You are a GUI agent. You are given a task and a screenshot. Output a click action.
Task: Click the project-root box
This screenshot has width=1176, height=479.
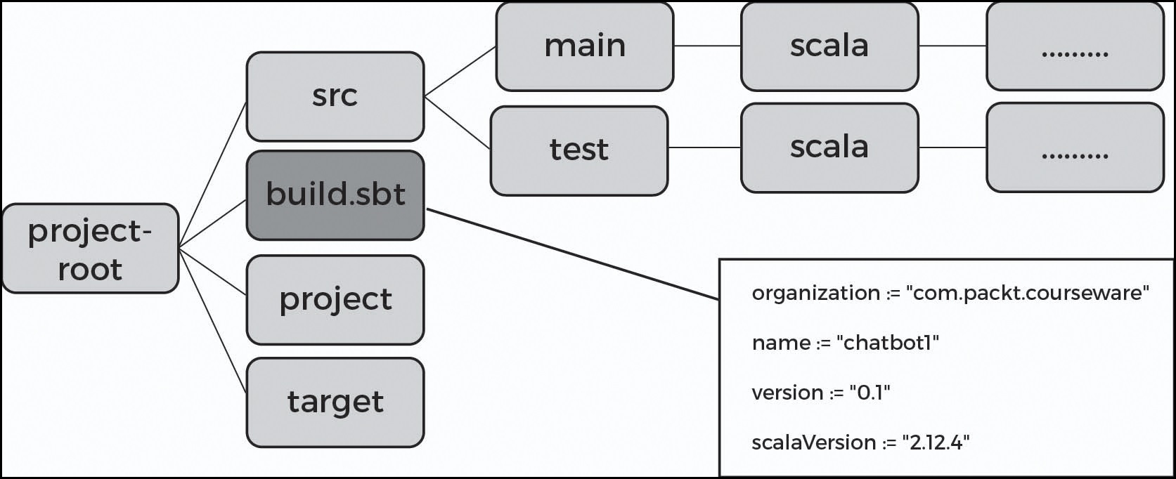[90, 249]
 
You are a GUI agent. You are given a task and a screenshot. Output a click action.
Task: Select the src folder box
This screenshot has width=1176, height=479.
[335, 96]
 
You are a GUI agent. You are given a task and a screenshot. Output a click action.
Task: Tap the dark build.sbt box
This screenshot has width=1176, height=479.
[335, 195]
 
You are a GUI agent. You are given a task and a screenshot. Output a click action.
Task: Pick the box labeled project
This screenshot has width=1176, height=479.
[335, 300]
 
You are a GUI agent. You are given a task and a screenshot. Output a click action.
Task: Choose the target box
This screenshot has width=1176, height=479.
[335, 402]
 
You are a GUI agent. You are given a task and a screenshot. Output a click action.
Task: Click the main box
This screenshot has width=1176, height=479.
[584, 46]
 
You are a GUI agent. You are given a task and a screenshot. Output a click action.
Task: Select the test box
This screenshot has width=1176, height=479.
[579, 150]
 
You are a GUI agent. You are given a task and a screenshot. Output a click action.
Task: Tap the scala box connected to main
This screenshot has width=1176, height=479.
[829, 46]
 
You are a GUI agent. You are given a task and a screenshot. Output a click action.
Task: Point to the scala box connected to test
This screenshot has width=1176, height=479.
[829, 147]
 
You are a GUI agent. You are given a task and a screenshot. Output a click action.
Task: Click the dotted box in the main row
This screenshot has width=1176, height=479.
[1074, 46]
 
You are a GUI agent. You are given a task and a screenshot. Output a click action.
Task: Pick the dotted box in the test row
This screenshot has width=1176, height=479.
[1074, 147]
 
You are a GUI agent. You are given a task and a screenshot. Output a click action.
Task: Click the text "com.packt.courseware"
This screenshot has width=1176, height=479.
[1030, 293]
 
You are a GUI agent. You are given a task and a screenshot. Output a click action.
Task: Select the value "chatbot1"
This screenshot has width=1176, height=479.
[889, 343]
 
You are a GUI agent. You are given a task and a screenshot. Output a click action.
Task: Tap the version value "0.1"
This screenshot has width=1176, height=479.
[870, 393]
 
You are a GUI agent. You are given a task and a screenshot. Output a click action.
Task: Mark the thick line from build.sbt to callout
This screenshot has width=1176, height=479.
[573, 254]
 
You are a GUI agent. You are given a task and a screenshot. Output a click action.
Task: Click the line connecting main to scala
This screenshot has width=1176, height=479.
[706, 46]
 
